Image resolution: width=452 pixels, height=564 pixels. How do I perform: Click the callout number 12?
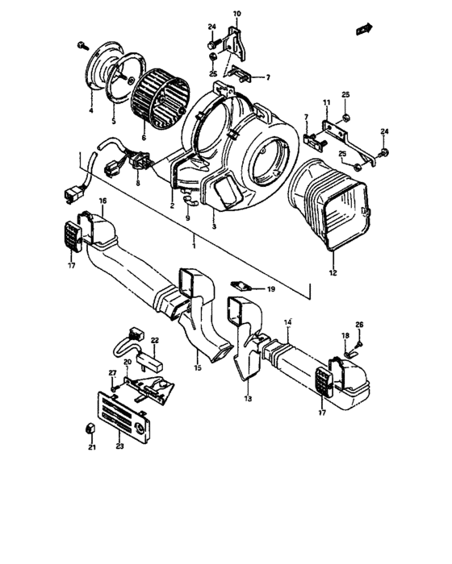pos(333,273)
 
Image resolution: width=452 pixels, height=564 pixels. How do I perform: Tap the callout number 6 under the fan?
pos(144,138)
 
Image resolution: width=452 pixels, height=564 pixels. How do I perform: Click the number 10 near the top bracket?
pos(237,15)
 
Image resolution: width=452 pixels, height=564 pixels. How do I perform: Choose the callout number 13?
pos(247,399)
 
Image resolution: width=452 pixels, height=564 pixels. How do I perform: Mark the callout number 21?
pos(91,447)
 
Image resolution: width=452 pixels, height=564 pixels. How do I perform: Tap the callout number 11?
pos(327,102)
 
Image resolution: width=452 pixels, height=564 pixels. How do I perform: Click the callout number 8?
pos(138,184)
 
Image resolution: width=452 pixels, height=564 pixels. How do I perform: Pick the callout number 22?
pos(156,342)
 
